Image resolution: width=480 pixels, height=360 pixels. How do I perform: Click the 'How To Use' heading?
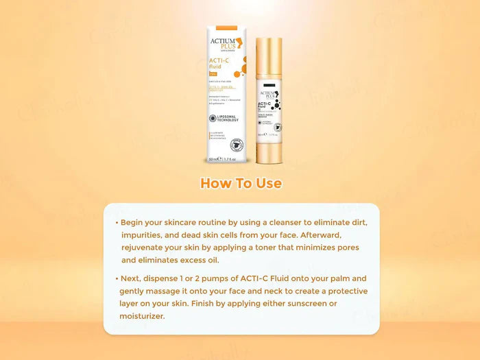pyautogui.click(x=241, y=184)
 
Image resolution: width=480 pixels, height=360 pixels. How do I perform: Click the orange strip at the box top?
pyautogui.click(x=228, y=27)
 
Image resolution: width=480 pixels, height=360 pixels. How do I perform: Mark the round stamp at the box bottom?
pyautogui.click(x=238, y=145)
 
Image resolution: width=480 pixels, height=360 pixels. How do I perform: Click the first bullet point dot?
pyautogui.click(x=117, y=223)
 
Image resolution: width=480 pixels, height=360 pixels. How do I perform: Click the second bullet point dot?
pyautogui.click(x=117, y=279)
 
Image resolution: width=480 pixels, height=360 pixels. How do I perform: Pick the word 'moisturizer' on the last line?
pyautogui.click(x=143, y=316)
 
